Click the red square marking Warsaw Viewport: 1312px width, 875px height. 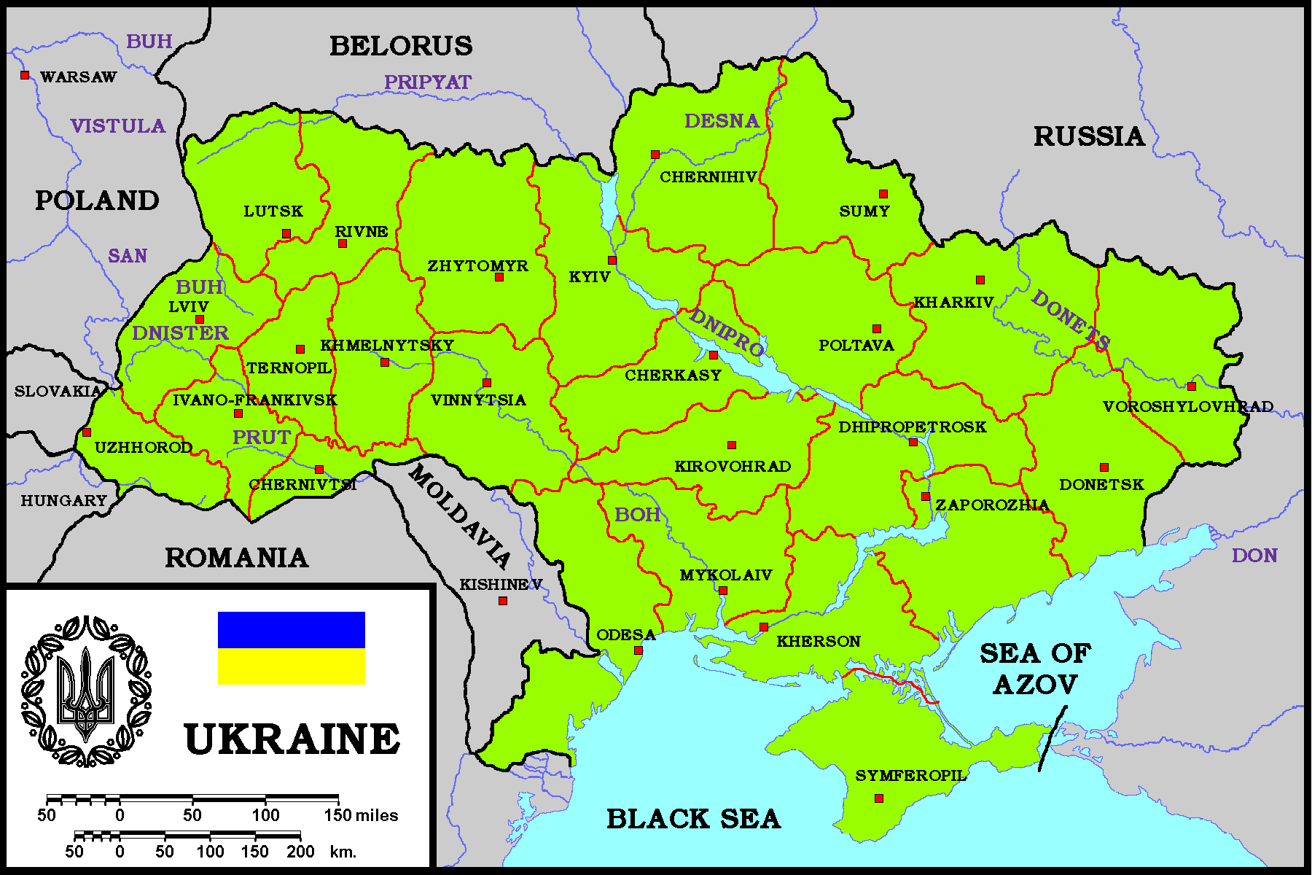coord(25,75)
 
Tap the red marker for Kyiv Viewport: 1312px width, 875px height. coord(612,260)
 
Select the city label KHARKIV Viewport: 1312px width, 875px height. coord(953,302)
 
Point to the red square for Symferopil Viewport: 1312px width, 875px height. coord(879,798)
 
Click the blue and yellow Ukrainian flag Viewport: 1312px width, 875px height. coord(292,648)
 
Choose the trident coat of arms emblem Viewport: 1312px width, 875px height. coord(87,691)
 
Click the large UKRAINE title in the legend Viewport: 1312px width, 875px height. coord(292,739)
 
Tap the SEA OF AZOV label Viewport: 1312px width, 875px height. coord(1035,669)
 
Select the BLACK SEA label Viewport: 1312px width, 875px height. coord(693,819)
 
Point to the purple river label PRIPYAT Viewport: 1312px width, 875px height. coord(428,82)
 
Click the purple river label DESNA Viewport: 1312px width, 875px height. coord(722,121)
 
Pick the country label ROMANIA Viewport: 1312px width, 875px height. coord(236,558)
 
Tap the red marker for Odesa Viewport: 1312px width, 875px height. coord(639,650)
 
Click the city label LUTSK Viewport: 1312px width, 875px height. coord(273,211)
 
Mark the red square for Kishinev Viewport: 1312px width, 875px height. coord(503,601)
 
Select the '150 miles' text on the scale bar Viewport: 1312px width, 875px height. coord(361,815)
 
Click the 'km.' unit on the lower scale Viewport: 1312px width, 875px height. coord(343,851)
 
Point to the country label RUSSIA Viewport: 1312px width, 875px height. coord(1089,136)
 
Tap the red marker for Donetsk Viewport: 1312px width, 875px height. coord(1104,467)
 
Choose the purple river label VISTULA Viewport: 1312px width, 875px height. coord(118,126)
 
